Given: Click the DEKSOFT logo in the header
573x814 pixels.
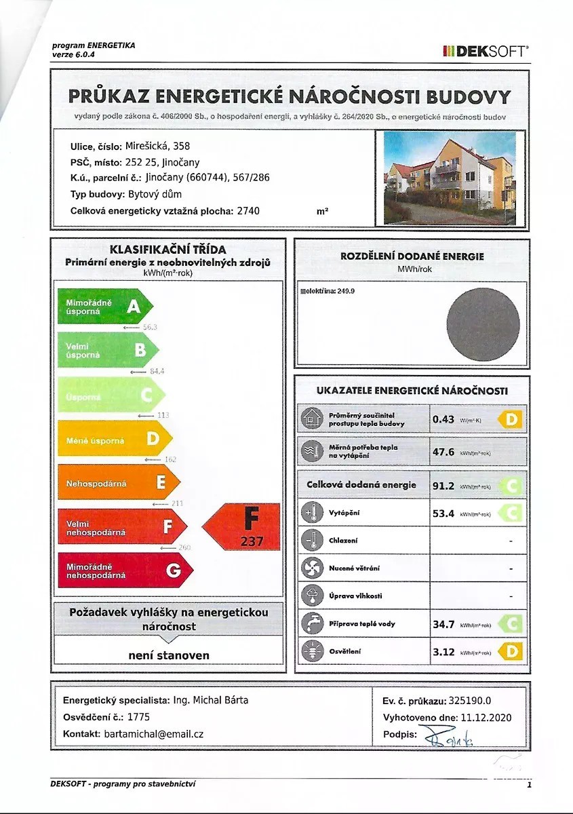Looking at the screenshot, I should [486, 50].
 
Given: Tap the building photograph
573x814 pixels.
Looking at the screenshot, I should [450, 178].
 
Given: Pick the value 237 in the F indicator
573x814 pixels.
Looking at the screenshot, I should [251, 541].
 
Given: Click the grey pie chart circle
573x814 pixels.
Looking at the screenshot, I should [483, 324].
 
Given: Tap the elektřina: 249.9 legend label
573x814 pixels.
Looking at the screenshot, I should [328, 291].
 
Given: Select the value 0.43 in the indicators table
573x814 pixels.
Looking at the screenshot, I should [443, 419].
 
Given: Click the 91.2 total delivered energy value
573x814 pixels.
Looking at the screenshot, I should [443, 485].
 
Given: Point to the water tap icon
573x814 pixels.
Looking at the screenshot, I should [312, 624].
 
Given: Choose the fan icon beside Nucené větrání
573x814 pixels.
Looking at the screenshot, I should [312, 568].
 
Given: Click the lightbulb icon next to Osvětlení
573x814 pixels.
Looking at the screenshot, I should [312, 652].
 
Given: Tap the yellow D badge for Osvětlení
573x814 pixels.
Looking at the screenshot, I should [511, 652].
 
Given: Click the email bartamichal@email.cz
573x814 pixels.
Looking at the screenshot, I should [154, 734].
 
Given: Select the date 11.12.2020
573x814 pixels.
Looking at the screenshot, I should [483, 718].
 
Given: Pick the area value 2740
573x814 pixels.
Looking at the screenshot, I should [248, 211].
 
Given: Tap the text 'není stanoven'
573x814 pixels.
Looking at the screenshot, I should [169, 655].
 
